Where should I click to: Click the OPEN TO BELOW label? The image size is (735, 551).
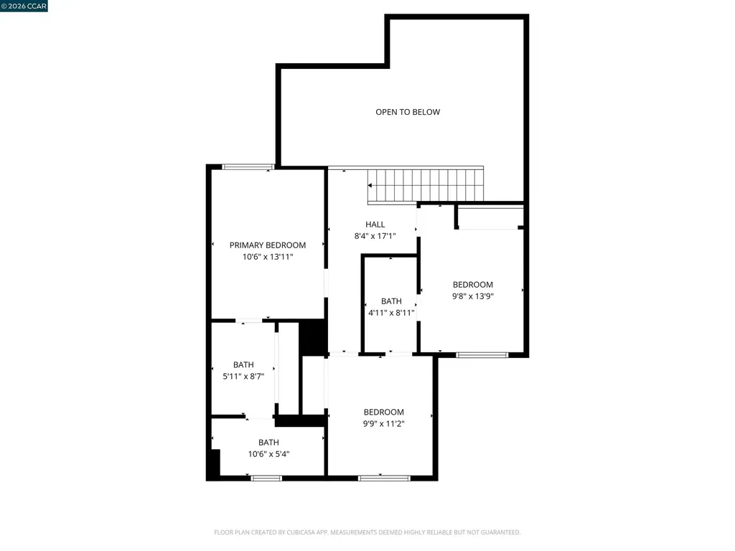click(x=408, y=112)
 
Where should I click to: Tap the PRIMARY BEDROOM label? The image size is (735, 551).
click(x=268, y=245)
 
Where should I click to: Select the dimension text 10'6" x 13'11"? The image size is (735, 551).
click(x=268, y=256)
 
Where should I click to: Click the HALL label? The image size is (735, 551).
click(x=375, y=225)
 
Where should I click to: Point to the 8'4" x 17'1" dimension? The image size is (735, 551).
click(x=375, y=236)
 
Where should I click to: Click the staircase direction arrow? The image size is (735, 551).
click(x=370, y=185)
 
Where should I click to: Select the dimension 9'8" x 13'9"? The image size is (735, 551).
click(x=472, y=296)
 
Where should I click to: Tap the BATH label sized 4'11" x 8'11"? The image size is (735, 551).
click(x=391, y=301)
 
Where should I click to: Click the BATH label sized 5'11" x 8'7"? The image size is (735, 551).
click(x=243, y=365)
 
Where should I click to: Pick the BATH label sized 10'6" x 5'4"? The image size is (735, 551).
click(x=268, y=443)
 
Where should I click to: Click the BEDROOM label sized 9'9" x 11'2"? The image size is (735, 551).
click(x=383, y=413)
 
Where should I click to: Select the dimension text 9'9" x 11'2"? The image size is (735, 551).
click(x=383, y=423)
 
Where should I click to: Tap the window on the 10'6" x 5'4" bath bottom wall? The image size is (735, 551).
click(x=266, y=478)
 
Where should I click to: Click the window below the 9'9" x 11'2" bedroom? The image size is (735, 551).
click(x=384, y=478)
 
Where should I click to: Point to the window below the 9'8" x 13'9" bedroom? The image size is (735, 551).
click(x=482, y=354)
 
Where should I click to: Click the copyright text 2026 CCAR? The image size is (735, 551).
click(x=24, y=6)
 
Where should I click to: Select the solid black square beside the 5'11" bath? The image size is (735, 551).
click(x=312, y=337)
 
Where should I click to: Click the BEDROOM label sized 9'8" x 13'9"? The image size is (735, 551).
click(x=472, y=285)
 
